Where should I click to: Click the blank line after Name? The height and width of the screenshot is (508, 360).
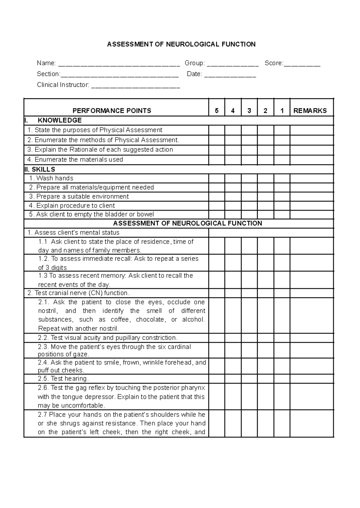pyautogui.click(x=119, y=64)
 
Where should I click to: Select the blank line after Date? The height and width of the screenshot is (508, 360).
pyautogui.click(x=230, y=75)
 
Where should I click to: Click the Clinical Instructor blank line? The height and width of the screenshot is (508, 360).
pyautogui.click(x=135, y=86)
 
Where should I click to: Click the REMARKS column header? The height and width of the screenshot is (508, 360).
pyautogui.click(x=310, y=111)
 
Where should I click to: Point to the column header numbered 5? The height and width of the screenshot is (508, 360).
pyautogui.click(x=217, y=111)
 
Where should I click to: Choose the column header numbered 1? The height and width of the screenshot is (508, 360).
pyautogui.click(x=282, y=111)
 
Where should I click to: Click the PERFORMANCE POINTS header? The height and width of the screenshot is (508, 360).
pyautogui.click(x=112, y=111)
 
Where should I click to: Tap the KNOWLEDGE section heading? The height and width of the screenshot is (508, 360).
pyautogui.click(x=60, y=120)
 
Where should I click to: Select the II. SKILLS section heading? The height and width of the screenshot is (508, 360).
pyautogui.click(x=40, y=169)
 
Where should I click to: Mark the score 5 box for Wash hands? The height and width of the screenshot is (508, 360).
pyautogui.click(x=217, y=178)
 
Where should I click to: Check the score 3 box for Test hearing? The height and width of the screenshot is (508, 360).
pyautogui.click(x=249, y=379)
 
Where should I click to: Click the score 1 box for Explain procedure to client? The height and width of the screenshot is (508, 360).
pyautogui.click(x=282, y=206)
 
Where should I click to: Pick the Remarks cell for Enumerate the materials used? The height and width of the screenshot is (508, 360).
pyautogui.click(x=311, y=160)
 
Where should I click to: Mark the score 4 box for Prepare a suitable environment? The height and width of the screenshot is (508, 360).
pyautogui.click(x=233, y=197)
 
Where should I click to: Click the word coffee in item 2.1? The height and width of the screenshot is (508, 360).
pyautogui.click(x=120, y=320)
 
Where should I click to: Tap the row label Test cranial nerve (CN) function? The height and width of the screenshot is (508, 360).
pyautogui.click(x=79, y=293)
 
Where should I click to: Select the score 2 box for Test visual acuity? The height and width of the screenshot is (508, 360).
pyautogui.click(x=265, y=338)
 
